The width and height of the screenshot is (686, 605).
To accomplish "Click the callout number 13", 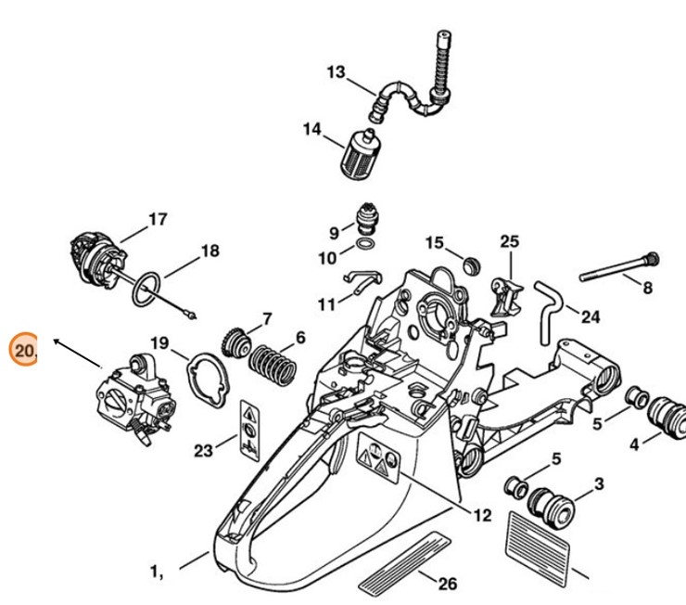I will pyautogui.click(x=336, y=72).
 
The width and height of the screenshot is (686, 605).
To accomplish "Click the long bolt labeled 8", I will pyautogui.click(x=616, y=270).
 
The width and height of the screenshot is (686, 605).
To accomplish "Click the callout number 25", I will pyautogui.click(x=509, y=241).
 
